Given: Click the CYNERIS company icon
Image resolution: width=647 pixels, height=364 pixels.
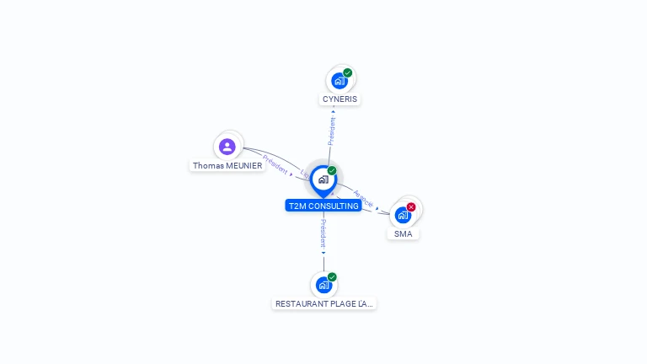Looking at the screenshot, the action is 339,81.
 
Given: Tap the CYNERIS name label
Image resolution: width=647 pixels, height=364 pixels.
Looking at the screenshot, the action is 340,99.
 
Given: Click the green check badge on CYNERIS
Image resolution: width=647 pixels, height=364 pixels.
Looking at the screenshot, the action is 347,72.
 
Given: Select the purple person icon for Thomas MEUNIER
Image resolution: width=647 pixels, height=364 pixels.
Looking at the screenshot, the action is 227,147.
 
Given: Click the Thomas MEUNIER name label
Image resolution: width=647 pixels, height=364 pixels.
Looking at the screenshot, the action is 227,166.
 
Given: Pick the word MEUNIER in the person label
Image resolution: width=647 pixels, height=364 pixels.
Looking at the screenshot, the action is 243,166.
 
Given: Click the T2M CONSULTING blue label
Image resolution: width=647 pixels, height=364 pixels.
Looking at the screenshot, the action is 323,206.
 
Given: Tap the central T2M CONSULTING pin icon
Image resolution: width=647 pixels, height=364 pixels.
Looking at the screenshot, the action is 323,179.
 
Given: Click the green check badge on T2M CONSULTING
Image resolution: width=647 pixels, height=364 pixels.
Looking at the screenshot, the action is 332,171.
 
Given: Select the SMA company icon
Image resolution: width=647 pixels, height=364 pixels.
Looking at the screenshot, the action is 403,215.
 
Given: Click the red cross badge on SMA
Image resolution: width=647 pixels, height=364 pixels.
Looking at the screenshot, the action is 411,207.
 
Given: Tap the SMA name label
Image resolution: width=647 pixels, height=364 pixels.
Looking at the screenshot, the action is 404,234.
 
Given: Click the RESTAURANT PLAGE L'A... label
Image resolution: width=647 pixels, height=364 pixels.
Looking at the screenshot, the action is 323,303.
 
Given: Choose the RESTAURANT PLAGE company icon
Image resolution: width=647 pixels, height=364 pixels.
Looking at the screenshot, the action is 323,285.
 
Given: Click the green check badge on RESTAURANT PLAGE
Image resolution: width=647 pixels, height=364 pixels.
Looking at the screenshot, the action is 332,277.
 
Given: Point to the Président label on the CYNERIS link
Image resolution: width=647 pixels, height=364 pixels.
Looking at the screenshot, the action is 332,131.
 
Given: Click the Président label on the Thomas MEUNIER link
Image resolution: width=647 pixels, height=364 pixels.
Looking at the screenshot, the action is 275,163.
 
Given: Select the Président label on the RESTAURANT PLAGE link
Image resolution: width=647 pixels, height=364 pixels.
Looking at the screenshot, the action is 323,233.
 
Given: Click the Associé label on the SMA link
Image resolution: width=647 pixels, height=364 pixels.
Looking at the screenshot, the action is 363,198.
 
